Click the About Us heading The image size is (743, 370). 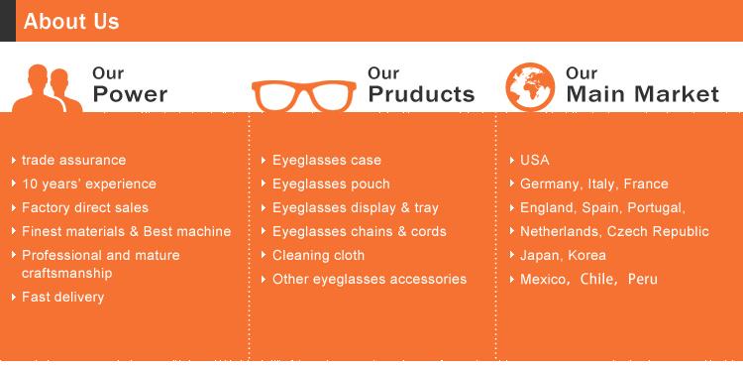[x=71, y=22]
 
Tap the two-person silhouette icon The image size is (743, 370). [x=47, y=88]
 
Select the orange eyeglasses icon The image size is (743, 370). [x=304, y=95]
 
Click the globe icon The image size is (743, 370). [x=530, y=87]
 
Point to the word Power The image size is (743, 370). [x=130, y=94]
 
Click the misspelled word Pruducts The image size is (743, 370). [x=421, y=94]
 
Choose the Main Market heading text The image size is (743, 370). [x=643, y=94]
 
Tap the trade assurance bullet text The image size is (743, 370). [x=74, y=160]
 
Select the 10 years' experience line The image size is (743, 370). [x=89, y=185]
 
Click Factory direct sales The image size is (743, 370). [x=85, y=207]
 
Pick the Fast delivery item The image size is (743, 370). [x=63, y=297]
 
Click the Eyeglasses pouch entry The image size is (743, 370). [x=331, y=185]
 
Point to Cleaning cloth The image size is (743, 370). [x=318, y=255]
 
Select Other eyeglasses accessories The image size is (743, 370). [x=370, y=279]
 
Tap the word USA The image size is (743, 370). [x=535, y=160]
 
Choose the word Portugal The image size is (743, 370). [x=658, y=207]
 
